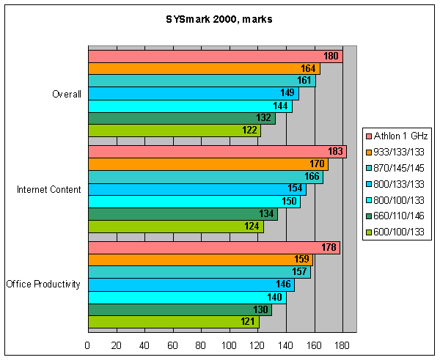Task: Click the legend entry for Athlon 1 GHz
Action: (x=401, y=136)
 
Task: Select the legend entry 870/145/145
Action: (x=400, y=168)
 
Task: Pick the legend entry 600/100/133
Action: (x=400, y=232)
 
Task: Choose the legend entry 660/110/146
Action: (x=400, y=216)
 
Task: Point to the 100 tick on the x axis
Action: (x=230, y=345)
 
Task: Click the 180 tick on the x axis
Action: (x=342, y=345)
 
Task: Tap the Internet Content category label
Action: (x=48, y=189)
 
